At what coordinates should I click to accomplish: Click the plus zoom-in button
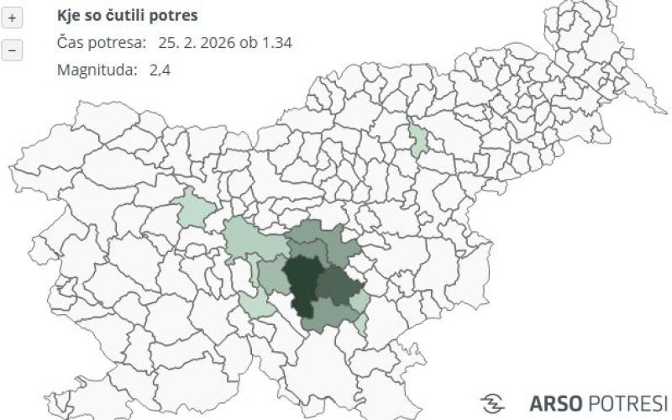click(12, 18)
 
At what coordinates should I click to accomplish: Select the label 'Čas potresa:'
click(101, 43)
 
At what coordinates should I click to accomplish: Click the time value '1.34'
click(276, 43)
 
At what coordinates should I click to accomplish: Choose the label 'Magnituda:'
click(97, 70)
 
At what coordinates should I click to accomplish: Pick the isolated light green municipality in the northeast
click(417, 138)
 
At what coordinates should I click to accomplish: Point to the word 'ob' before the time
click(253, 43)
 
